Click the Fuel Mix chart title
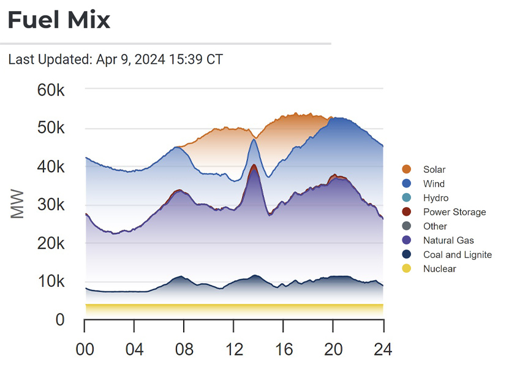pos(59,20)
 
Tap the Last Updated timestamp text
pos(116,59)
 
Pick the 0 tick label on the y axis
pos(60,320)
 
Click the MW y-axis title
pos(18,205)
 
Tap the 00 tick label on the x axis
pos(85,349)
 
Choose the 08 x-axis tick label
pos(184,349)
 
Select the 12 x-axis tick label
pos(233,349)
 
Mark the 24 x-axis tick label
pos(382,349)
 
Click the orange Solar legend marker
pos(407,169)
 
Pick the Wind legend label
pos(434,183)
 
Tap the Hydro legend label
pos(436,198)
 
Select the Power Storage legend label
pos(454,212)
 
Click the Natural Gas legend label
pos(448,240)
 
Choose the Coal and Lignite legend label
pos(457,254)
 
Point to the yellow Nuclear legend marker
pos(407,268)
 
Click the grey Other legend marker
pos(407,226)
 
